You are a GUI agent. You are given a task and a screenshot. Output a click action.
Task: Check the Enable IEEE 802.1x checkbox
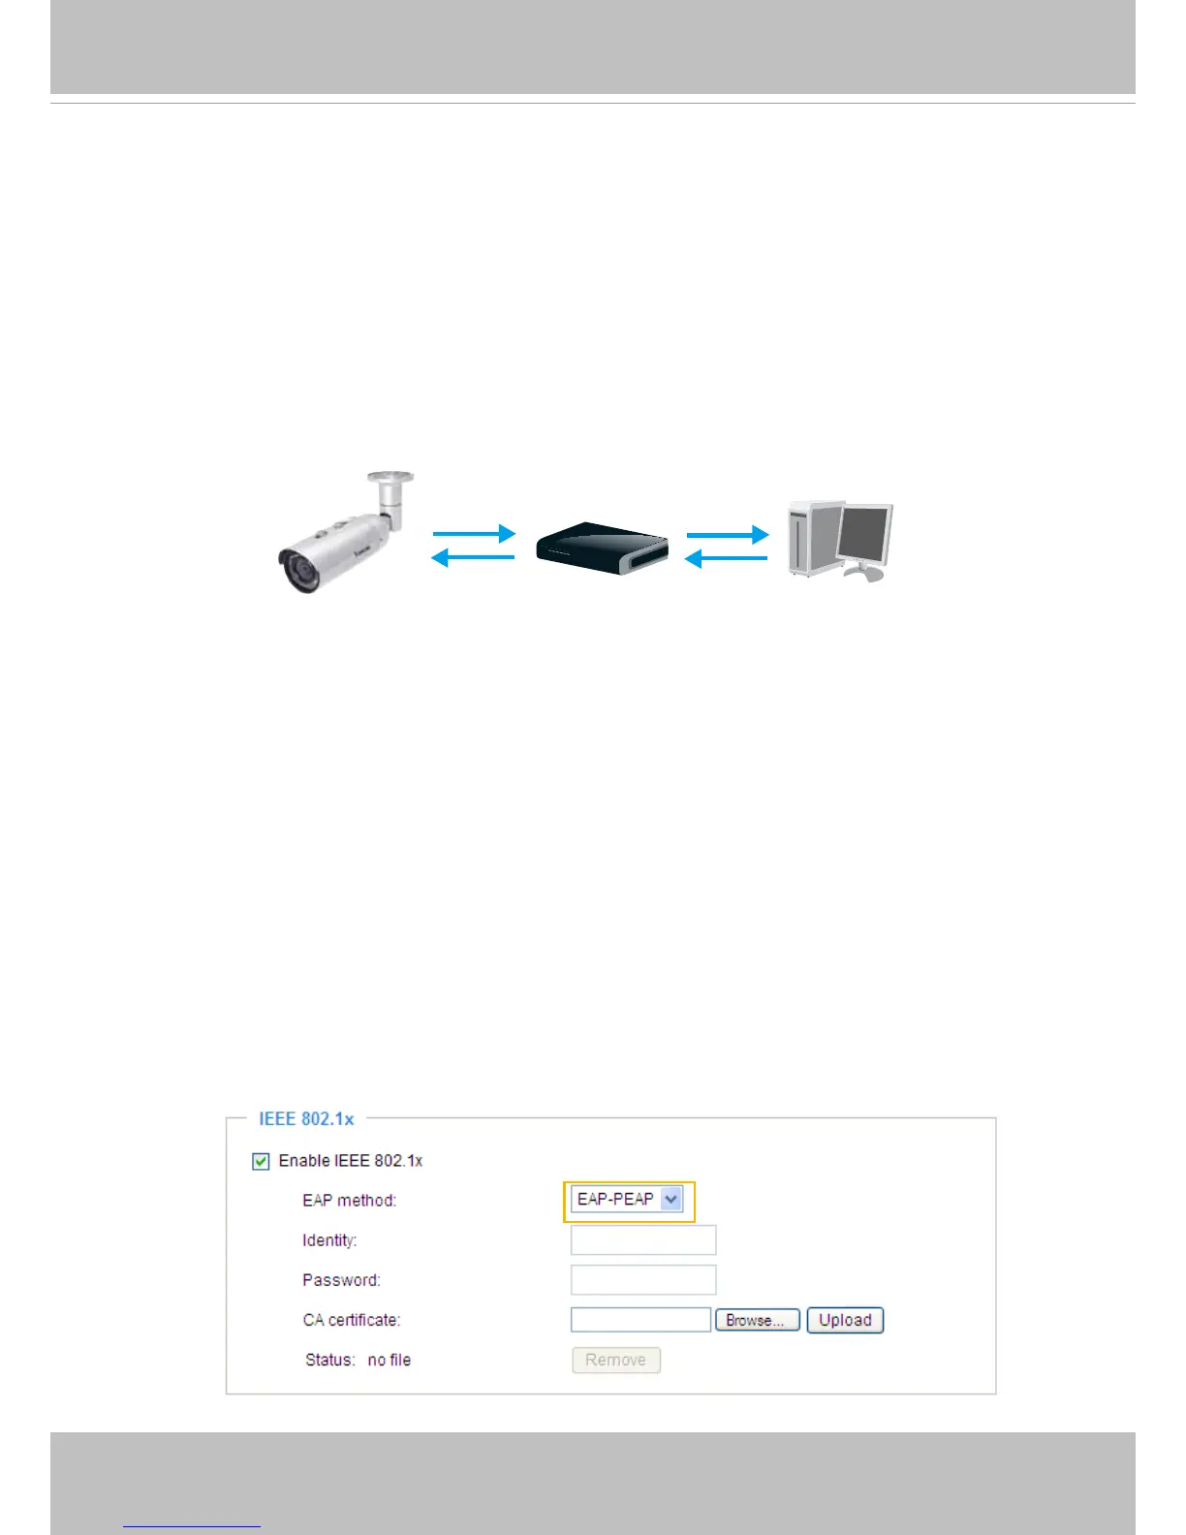click(261, 1161)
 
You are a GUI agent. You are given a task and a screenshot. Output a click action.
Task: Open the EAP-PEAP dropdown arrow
click(671, 1200)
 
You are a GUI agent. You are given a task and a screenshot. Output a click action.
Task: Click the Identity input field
click(642, 1240)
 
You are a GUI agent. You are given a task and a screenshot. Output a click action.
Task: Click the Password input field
click(642, 1280)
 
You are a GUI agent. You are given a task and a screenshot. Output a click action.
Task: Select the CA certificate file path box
click(640, 1320)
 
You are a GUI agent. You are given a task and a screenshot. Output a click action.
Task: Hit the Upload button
click(845, 1320)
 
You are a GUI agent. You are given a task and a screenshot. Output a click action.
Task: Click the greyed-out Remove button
click(615, 1361)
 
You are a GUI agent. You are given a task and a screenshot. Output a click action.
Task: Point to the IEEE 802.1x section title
click(306, 1119)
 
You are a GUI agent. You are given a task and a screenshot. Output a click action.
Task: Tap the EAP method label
click(349, 1201)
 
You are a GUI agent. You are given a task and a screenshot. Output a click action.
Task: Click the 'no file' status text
click(390, 1361)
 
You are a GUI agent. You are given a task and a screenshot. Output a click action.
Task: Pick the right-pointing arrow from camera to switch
click(474, 533)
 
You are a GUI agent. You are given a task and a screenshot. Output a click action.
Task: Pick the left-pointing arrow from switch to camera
click(472, 558)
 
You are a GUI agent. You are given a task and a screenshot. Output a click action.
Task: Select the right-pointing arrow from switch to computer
click(727, 533)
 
